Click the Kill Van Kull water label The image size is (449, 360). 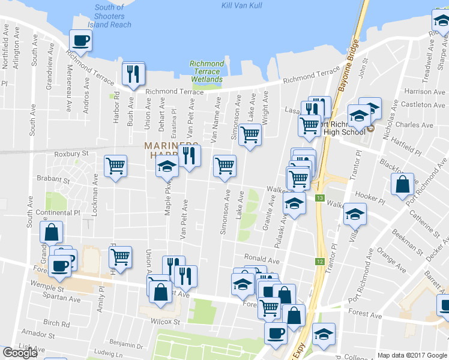(243, 5)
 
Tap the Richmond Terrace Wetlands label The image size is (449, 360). (206, 71)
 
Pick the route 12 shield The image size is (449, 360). (319, 262)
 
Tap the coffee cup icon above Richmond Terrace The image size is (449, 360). (80, 41)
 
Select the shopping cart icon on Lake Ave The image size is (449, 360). (250, 134)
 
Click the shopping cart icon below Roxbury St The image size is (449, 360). (115, 166)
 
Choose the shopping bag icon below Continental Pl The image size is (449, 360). (52, 232)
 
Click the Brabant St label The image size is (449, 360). (53, 179)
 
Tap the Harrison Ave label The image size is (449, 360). (426, 92)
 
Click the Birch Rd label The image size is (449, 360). (57, 324)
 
